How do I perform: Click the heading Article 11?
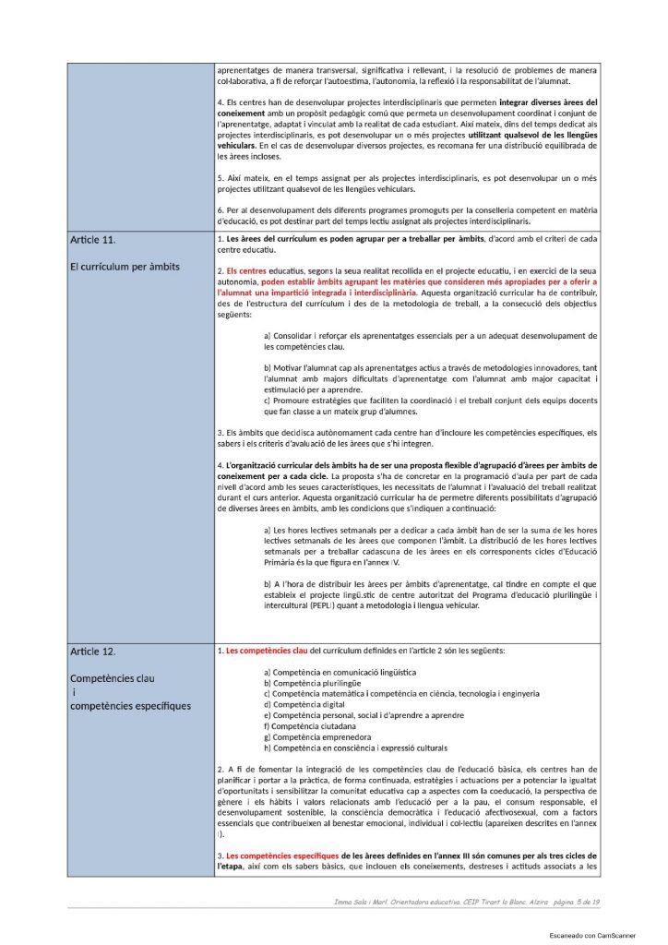click(92, 240)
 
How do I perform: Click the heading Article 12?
click(92, 652)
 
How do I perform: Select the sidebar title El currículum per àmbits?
click(125, 267)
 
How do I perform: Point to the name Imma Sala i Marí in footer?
click(368, 901)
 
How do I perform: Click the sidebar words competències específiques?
click(130, 706)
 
